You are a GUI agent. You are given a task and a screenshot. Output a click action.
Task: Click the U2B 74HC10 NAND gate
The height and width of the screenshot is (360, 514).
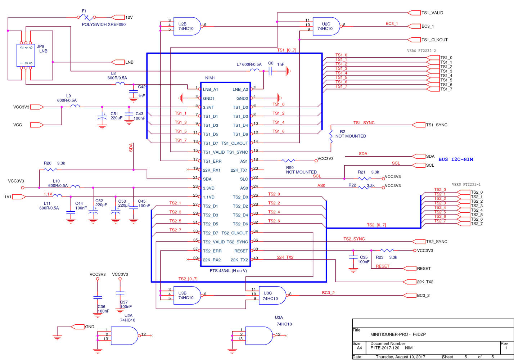(x=186, y=26)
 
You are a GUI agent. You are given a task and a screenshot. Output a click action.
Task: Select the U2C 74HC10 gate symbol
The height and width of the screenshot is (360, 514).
(x=326, y=26)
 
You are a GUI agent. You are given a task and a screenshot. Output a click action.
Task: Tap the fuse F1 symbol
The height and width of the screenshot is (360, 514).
(x=87, y=17)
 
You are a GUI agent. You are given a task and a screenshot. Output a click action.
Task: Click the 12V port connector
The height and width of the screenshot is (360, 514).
(x=118, y=17)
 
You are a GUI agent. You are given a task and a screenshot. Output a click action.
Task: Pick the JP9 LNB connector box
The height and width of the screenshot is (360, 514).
(x=26, y=55)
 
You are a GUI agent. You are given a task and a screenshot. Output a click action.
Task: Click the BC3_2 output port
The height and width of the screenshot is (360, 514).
(x=409, y=296)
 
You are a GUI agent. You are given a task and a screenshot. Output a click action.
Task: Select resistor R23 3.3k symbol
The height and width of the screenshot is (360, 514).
(x=387, y=251)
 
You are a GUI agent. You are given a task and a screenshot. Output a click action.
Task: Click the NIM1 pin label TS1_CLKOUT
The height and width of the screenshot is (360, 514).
(x=235, y=143)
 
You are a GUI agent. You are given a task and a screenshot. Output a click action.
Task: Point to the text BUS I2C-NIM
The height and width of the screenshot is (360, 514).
(x=455, y=159)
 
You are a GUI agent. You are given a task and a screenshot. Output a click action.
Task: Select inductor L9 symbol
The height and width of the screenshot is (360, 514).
(x=75, y=106)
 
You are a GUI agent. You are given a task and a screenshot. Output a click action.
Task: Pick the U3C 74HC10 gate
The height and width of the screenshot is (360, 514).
(x=272, y=296)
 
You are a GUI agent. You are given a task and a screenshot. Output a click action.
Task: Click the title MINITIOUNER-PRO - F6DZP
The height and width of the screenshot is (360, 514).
(x=398, y=334)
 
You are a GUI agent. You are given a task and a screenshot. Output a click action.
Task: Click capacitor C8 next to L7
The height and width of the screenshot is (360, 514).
(x=270, y=71)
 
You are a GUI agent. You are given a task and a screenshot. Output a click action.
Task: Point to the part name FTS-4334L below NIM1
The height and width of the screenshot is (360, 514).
(x=228, y=271)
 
